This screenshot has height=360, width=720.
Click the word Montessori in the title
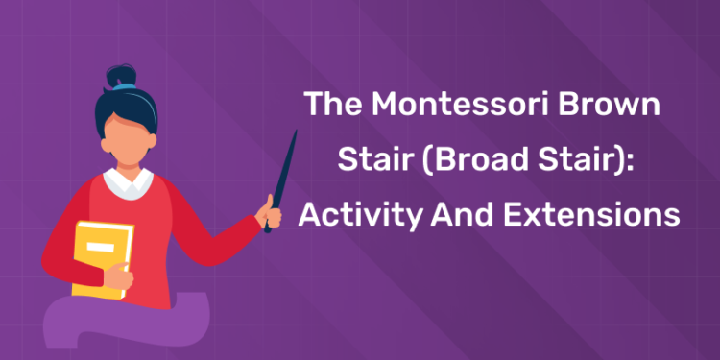(x=466, y=105)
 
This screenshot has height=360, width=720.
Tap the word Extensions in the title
(x=596, y=214)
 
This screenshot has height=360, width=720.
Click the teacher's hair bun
(x=122, y=76)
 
